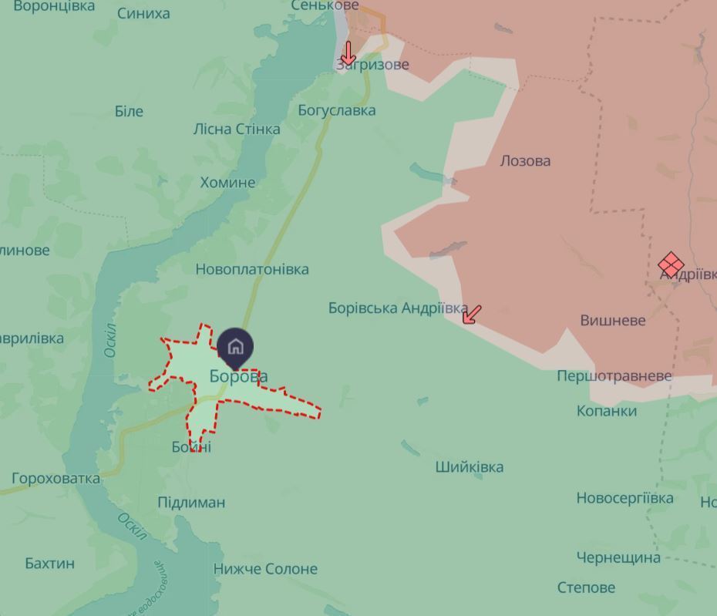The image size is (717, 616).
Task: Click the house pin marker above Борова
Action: point(235,347)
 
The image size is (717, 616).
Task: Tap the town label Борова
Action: point(239,376)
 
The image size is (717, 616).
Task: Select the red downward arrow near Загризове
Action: point(348,53)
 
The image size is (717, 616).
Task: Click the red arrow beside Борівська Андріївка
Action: point(472,314)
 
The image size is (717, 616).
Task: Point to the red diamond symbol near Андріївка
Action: point(671,265)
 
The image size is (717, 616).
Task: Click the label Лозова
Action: point(525,161)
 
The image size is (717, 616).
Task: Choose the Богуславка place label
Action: point(337,110)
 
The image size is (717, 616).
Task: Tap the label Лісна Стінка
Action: point(237,129)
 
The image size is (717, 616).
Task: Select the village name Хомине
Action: point(227,183)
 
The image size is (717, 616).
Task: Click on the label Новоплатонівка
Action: point(252,269)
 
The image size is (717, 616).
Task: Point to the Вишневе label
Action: point(612,320)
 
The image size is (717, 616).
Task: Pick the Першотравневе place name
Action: point(614,376)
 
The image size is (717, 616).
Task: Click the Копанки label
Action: point(607,411)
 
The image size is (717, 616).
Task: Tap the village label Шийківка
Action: point(470,466)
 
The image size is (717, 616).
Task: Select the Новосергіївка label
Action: point(624,498)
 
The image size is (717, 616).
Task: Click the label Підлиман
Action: point(191,503)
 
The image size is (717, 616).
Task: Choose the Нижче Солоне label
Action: point(265,569)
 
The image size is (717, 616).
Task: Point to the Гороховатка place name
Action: point(56,479)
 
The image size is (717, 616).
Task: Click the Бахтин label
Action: point(50,563)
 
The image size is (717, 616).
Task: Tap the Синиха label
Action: point(143,13)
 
